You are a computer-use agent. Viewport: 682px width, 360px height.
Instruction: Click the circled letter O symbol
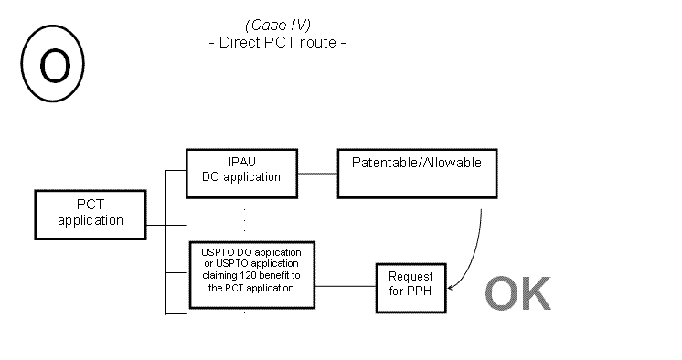point(52,66)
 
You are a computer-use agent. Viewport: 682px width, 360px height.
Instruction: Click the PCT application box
point(90,213)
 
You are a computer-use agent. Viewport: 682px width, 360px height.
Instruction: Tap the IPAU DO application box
point(241,171)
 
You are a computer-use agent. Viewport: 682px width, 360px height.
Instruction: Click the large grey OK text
point(517,292)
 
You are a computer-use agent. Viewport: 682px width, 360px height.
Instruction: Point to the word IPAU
point(241,164)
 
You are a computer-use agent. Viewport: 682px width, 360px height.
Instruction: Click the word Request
point(410,277)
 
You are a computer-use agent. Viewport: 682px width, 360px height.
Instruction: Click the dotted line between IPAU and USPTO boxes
point(244,220)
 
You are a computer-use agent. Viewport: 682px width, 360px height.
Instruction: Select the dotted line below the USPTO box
point(244,323)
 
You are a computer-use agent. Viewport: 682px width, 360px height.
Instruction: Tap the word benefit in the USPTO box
point(275,275)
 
